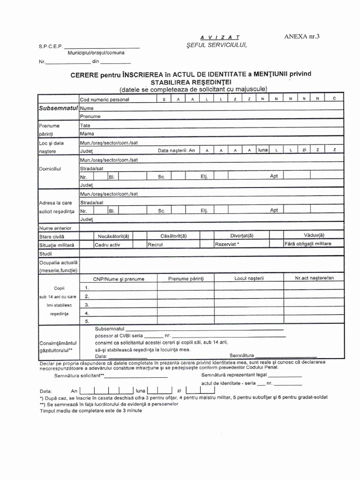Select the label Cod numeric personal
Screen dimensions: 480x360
(105, 99)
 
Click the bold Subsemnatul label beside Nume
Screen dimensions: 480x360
(59, 108)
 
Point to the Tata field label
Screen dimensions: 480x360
(85, 126)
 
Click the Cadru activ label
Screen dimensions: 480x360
(107, 245)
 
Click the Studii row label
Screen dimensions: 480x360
(46, 254)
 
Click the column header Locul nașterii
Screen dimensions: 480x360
(249, 278)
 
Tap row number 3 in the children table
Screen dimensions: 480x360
(87, 305)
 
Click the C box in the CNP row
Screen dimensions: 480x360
(334, 99)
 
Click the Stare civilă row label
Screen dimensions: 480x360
(52, 237)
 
